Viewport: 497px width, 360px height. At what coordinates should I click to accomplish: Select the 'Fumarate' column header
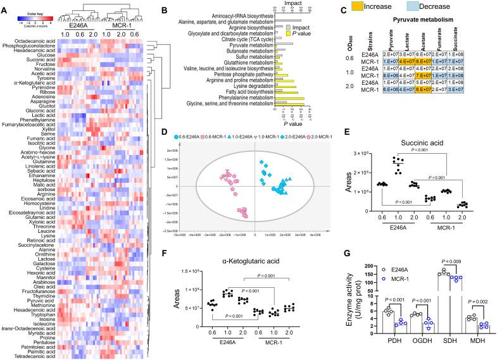(439, 53)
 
